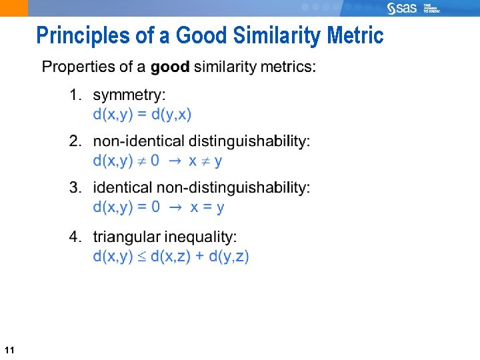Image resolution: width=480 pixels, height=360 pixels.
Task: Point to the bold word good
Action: pos(170,67)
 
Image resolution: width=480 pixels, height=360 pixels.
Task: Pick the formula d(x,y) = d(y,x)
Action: pos(142,114)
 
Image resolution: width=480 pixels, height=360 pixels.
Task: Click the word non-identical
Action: pos(139,141)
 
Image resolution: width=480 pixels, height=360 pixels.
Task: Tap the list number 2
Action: pos(75,141)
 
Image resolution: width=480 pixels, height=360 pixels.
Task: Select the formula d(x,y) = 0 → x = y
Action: pos(159,207)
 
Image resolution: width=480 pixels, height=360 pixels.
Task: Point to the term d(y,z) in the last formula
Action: pos(229,256)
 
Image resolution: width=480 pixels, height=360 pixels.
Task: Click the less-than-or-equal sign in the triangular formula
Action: pos(141,257)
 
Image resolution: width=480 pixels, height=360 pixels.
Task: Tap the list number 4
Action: pos(75,237)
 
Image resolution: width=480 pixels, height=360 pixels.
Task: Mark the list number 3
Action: pos(75,188)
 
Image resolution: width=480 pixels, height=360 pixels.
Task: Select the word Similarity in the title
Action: pos(273,35)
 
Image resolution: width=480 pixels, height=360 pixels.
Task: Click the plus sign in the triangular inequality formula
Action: pos(199,257)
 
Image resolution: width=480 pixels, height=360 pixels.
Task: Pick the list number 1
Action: pos(75,96)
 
